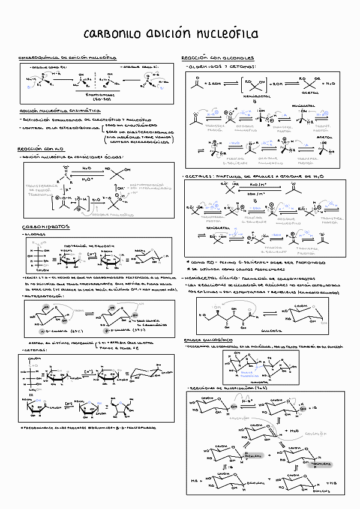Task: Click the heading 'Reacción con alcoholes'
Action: [217, 58]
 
